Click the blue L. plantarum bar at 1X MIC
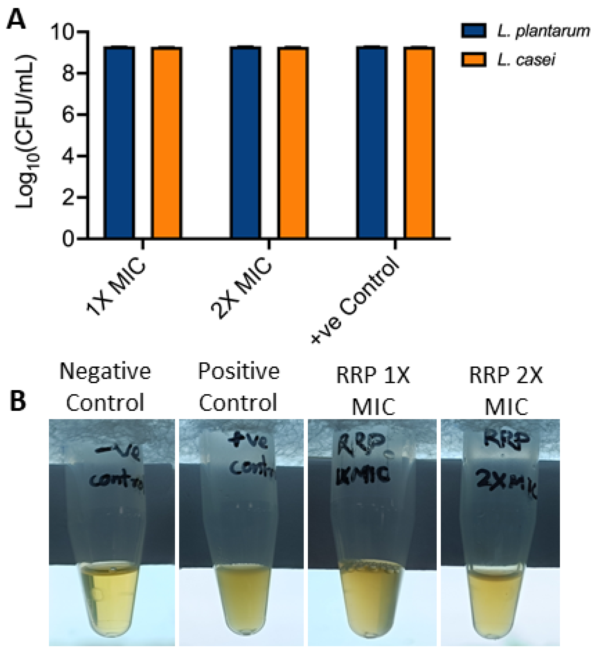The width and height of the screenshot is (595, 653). click(119, 143)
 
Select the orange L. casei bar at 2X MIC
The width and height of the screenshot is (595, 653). click(293, 143)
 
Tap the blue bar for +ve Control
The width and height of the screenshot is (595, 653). click(372, 143)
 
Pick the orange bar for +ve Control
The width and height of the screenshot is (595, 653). click(420, 143)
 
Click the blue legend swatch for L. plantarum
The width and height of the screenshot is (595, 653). click(473, 31)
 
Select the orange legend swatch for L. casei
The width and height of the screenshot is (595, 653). click(473, 60)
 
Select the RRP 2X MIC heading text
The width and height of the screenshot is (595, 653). click(506, 390)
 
